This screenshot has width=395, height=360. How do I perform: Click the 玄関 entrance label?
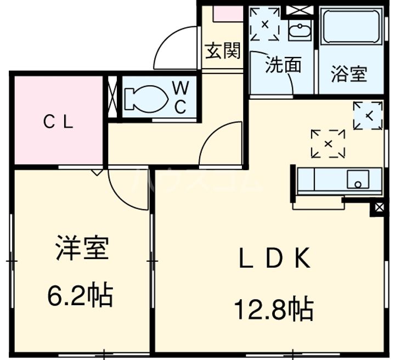pos(223,50)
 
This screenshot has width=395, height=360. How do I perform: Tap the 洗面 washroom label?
pos(284,65)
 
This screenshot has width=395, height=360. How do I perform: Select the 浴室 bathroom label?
pos(349,74)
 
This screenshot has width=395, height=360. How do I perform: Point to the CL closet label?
pos(58,122)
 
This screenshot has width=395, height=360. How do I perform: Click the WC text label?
pos(180,98)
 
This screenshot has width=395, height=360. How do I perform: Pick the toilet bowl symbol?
pos(146,98)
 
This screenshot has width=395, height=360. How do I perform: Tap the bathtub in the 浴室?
pos(352,27)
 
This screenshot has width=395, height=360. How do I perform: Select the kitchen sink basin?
pos(358,179)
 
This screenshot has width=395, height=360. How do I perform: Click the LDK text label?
pos(275,258)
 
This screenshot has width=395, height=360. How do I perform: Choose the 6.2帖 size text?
pos(80,294)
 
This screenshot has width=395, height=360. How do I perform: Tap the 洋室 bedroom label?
pos(82,248)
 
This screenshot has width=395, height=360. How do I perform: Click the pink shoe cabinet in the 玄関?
pos(228,14)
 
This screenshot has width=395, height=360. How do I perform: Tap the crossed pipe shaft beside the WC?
pos(112,97)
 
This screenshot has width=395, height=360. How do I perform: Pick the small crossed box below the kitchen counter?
pos(380,208)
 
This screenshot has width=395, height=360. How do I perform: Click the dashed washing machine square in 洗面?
pos(264,24)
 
